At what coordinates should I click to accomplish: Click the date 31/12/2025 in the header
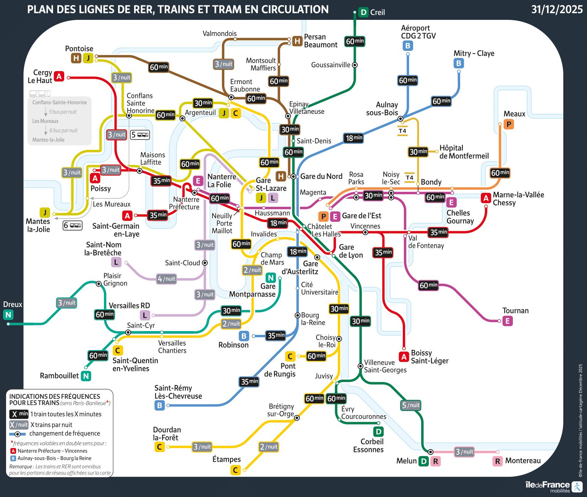557,10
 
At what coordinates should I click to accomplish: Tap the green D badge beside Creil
363,12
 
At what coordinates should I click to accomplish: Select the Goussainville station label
331,65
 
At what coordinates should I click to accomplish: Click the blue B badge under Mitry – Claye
459,63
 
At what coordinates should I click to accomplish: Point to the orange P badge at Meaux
509,124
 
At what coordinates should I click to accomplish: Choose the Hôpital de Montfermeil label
464,152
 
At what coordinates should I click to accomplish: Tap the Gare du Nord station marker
293,176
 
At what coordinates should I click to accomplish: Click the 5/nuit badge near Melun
411,405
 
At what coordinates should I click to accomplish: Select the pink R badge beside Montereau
498,461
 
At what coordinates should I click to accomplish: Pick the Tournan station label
516,311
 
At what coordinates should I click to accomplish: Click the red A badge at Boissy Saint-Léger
404,357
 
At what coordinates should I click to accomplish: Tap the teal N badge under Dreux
8,315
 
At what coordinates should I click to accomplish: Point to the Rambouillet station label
59,376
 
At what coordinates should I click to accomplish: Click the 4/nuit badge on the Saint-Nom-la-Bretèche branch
167,279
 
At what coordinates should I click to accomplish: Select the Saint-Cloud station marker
205,263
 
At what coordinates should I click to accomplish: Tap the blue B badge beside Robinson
244,336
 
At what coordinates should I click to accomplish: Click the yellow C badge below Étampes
235,470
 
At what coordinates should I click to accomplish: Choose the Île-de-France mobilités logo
554,486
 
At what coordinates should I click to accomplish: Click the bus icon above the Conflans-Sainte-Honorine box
40,94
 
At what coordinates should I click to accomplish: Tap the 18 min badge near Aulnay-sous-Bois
354,138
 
